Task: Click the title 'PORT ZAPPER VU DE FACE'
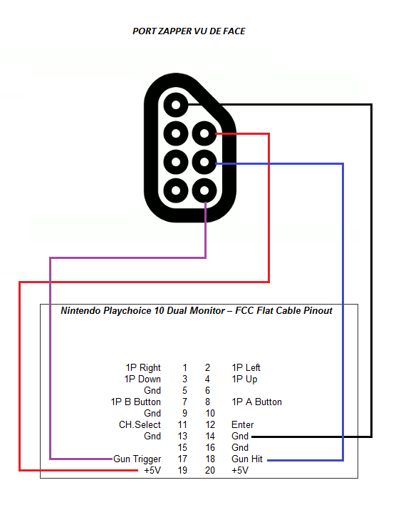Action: (189, 31)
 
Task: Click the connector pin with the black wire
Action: (176, 105)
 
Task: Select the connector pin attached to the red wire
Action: (204, 133)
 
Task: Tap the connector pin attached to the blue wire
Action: (204, 162)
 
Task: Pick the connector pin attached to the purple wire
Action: (204, 190)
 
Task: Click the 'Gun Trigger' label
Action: (137, 459)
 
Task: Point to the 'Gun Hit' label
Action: (247, 459)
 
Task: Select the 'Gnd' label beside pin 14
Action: (240, 436)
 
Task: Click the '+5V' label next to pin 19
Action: (152, 470)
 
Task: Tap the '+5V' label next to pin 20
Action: (240, 470)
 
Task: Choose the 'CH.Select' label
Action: (140, 424)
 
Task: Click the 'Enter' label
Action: (242, 424)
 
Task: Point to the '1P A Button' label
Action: (256, 402)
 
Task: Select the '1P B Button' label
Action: (136, 402)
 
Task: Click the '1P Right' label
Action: (143, 368)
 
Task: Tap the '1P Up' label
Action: (244, 379)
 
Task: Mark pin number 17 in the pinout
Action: (182, 459)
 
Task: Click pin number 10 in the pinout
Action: (210, 413)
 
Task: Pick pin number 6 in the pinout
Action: (207, 390)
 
